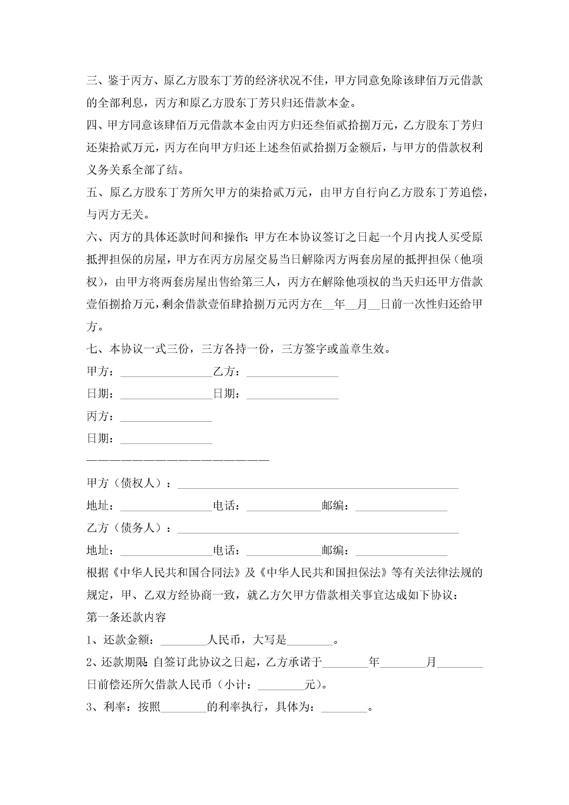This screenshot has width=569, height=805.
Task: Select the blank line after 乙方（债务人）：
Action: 318,529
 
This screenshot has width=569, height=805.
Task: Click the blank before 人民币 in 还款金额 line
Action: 183,640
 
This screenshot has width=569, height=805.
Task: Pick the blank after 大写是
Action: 310,640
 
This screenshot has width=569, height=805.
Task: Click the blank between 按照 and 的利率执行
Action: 183,707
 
